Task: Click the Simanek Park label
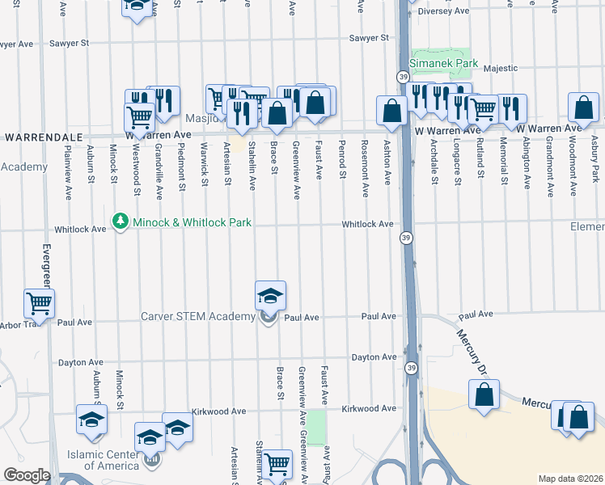click(445, 63)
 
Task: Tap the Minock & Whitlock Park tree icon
click(121, 220)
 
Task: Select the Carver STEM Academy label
click(199, 316)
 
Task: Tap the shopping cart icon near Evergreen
click(39, 304)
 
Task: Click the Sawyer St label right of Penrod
click(369, 38)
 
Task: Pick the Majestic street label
click(501, 68)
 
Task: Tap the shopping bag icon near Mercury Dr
click(484, 396)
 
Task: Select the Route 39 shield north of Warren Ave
click(402, 77)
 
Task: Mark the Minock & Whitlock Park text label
click(192, 221)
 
